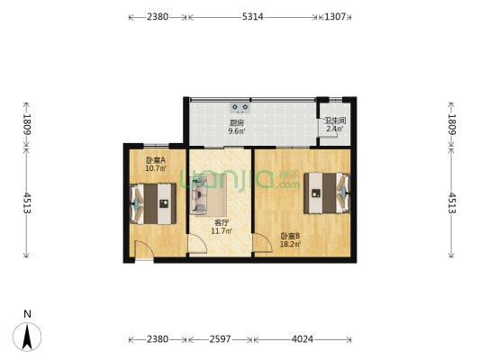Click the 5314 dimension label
[x=253, y=17]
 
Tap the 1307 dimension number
[x=335, y=17]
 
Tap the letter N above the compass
[x=28, y=313]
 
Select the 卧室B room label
[x=290, y=235]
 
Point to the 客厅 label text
[x=221, y=222]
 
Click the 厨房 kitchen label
[x=237, y=122]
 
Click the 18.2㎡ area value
[x=290, y=244]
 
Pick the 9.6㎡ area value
[x=237, y=131]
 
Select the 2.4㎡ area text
[x=334, y=129]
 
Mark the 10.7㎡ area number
[x=155, y=167]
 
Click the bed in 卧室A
[x=153, y=203]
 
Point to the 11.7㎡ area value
[x=221, y=231]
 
